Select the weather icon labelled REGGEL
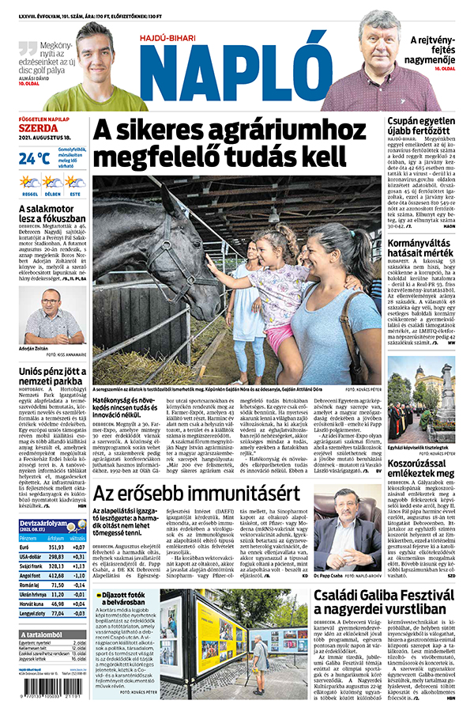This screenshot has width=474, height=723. click(30, 184)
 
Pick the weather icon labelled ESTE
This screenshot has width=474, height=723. click(74, 184)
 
